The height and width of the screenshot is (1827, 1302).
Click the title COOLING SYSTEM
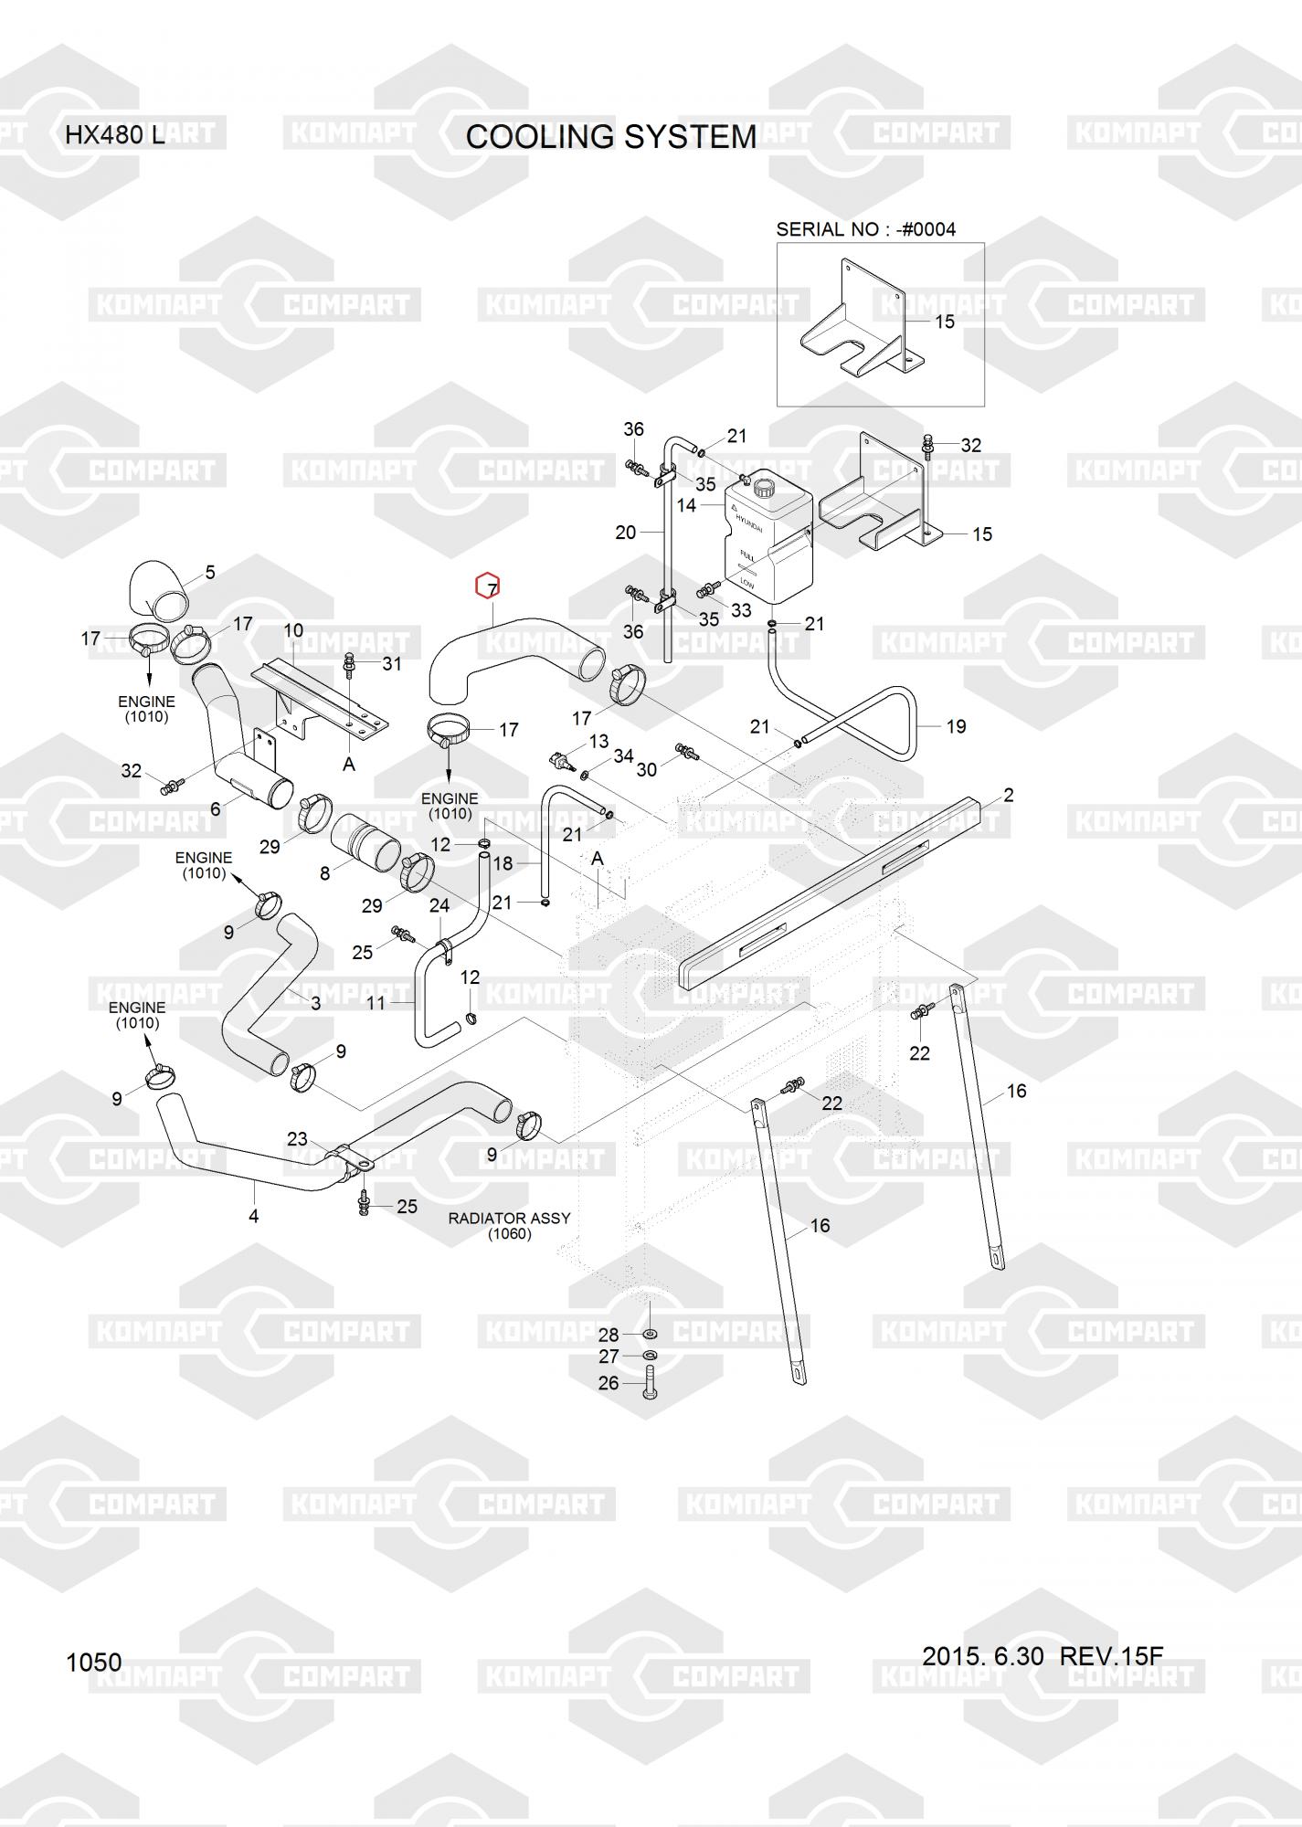tap(610, 137)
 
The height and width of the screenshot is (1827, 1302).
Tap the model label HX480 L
tap(114, 135)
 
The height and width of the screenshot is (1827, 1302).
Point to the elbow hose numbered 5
tap(157, 590)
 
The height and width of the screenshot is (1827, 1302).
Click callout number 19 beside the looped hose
tap(956, 726)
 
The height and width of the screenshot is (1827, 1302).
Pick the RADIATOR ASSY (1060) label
tap(509, 1226)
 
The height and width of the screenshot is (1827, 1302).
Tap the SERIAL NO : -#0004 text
tap(865, 229)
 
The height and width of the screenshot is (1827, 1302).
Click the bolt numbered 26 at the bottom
tap(650, 1384)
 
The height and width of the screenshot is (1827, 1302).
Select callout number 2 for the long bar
tap(1008, 796)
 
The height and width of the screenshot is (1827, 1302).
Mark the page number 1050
tap(93, 1662)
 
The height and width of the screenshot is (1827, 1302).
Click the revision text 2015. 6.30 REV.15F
tap(1042, 1656)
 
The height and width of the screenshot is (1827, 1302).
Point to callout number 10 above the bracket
tap(292, 630)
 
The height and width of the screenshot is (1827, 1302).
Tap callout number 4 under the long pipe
tap(253, 1216)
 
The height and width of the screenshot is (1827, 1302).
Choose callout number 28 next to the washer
tap(609, 1335)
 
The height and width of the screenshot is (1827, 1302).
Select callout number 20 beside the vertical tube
tap(625, 533)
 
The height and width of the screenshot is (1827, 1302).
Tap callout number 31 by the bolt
tap(391, 663)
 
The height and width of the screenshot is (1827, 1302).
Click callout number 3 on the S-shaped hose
tap(315, 1003)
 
